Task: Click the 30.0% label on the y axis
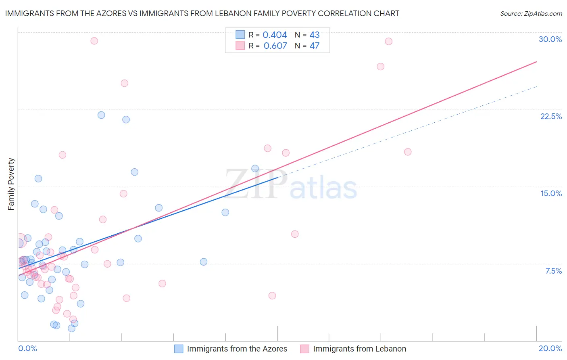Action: click(x=550, y=39)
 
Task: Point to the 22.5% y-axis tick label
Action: click(x=551, y=116)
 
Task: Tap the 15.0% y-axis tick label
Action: click(x=551, y=193)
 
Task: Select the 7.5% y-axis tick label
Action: click(x=553, y=271)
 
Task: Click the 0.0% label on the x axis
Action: click(x=27, y=348)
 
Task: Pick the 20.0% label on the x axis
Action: click(x=550, y=348)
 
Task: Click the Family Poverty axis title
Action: click(x=11, y=184)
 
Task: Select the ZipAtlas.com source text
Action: click(x=531, y=13)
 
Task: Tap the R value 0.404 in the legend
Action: click(x=275, y=35)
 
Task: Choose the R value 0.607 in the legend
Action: click(x=275, y=46)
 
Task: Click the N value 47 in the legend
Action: click(x=314, y=46)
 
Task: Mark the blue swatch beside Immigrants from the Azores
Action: click(x=179, y=349)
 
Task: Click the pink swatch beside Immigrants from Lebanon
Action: click(x=304, y=349)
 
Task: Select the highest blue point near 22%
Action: click(x=101, y=115)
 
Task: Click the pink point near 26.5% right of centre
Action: click(x=380, y=67)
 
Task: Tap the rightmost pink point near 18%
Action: click(x=408, y=152)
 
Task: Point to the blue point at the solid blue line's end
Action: click(x=255, y=168)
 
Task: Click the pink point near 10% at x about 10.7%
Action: click(x=295, y=234)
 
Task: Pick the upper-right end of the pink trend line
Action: click(x=536, y=62)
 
